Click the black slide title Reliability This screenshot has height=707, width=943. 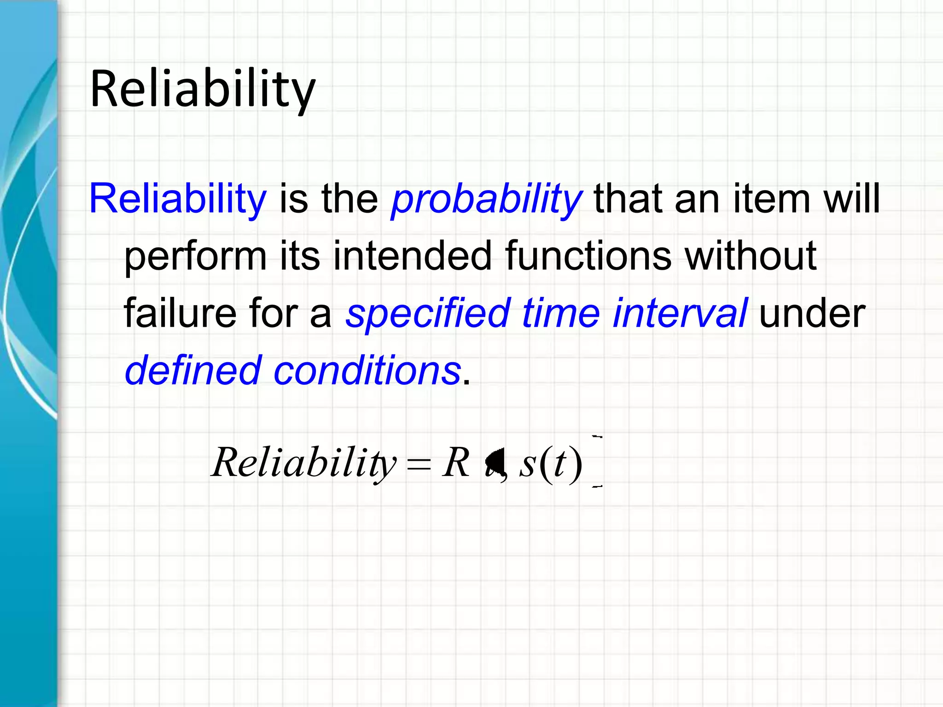(x=203, y=88)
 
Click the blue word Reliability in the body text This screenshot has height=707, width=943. (x=178, y=199)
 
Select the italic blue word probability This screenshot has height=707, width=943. (x=486, y=200)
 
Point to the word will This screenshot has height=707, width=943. (x=851, y=199)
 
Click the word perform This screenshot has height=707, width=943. (x=195, y=257)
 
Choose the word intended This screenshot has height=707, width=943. (x=413, y=256)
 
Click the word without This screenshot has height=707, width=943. (x=751, y=256)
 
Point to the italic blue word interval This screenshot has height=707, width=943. (x=680, y=313)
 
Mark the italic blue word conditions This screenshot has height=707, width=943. (x=367, y=370)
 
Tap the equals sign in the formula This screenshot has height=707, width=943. (x=419, y=464)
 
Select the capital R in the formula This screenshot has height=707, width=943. (x=456, y=462)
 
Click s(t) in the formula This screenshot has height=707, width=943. (x=551, y=463)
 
